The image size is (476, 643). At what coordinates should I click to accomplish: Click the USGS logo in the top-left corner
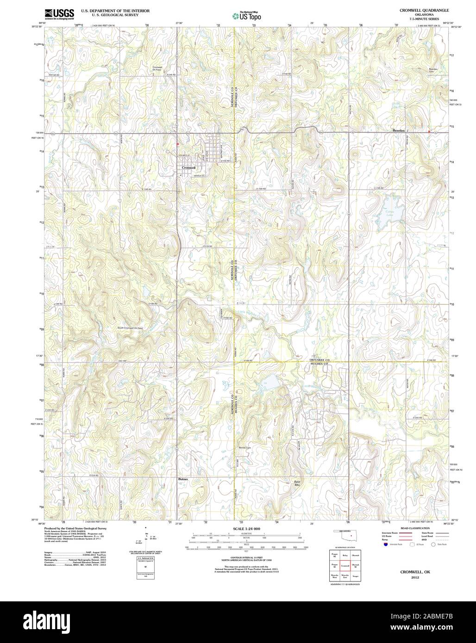click(x=57, y=14)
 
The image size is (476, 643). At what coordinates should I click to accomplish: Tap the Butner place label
click(x=183, y=479)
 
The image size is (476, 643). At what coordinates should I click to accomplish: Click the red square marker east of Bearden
click(x=429, y=131)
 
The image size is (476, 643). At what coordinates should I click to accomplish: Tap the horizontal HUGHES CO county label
click(x=319, y=365)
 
